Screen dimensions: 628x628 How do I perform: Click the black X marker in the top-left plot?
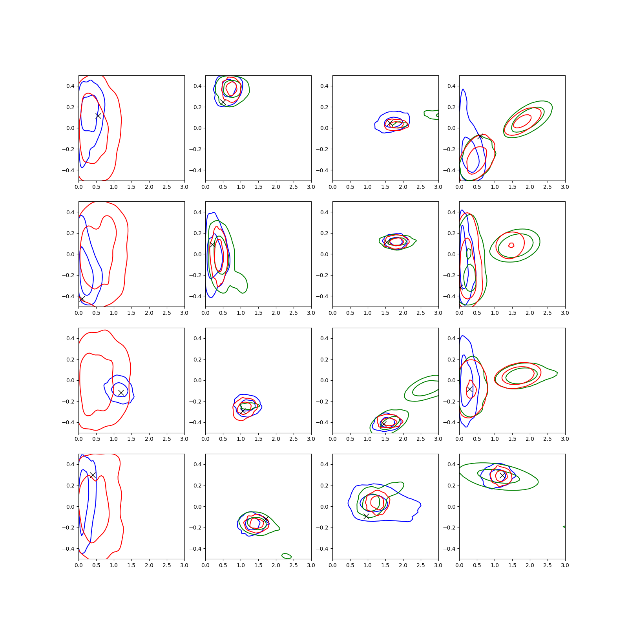click(x=98, y=116)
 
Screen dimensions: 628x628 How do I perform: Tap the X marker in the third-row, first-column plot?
click(x=121, y=392)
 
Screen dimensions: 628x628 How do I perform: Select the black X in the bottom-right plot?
click(x=502, y=475)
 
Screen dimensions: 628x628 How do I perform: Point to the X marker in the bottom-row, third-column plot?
click(x=366, y=516)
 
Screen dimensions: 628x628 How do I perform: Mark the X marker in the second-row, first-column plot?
click(x=82, y=299)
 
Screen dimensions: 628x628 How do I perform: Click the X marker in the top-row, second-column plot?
click(x=223, y=102)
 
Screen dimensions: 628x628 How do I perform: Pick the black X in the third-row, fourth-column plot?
click(x=470, y=389)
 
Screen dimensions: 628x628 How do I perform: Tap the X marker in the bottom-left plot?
click(x=93, y=475)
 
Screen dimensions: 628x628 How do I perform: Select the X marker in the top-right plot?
click(x=480, y=136)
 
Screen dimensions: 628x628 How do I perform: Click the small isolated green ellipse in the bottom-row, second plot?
click(x=287, y=556)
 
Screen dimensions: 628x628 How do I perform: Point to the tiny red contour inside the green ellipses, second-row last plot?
click(x=511, y=245)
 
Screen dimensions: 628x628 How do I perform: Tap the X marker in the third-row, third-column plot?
click(x=383, y=424)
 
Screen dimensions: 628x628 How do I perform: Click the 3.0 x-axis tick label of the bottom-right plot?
click(x=565, y=565)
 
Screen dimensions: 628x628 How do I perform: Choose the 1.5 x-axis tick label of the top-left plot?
click(x=131, y=187)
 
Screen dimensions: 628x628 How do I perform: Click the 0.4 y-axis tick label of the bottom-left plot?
click(x=70, y=464)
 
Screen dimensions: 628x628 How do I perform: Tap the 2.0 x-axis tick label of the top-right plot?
click(x=530, y=187)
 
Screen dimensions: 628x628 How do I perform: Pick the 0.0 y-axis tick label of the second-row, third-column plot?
click(x=324, y=254)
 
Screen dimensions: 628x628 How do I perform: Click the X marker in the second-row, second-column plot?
click(x=212, y=245)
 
